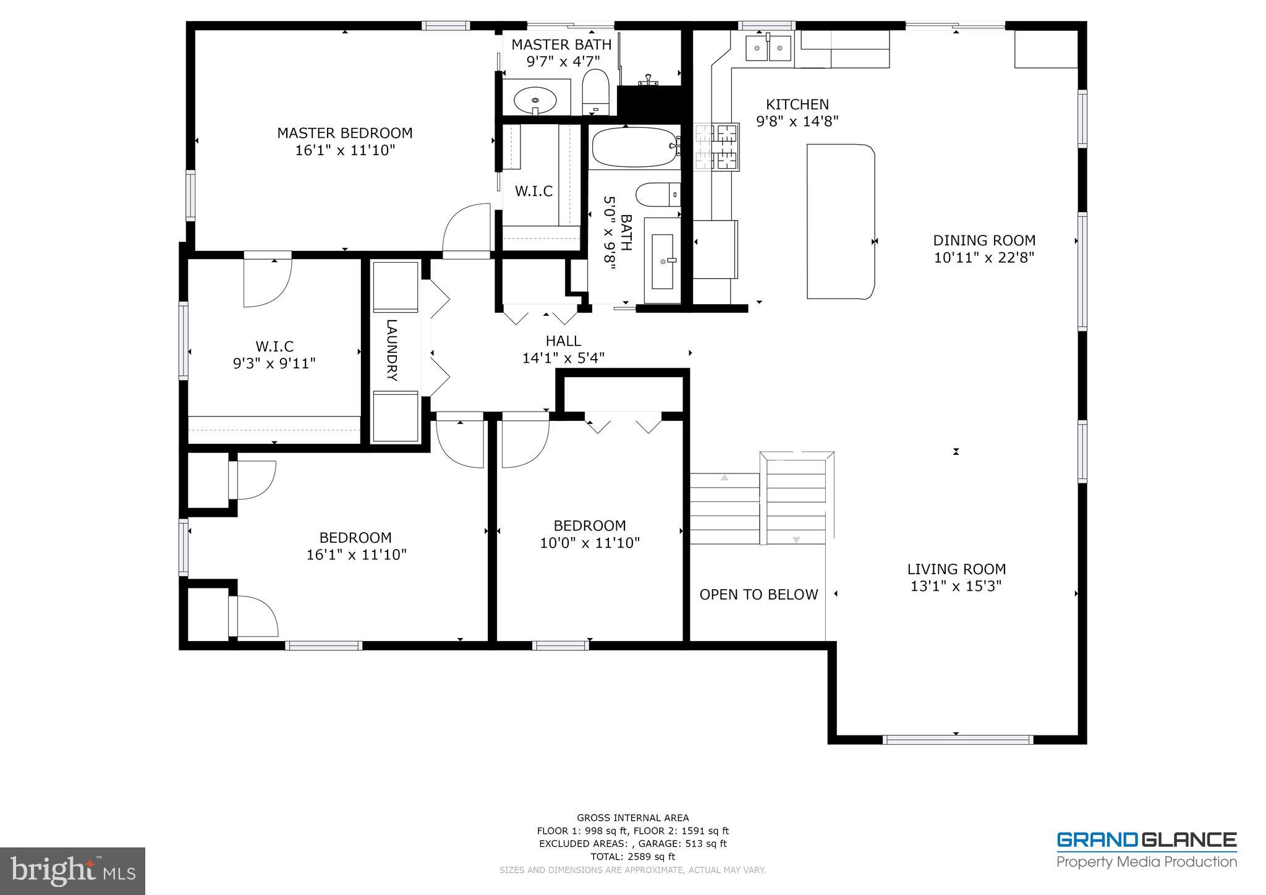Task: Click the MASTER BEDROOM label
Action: pyautogui.click(x=344, y=133)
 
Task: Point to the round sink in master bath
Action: pyautogui.click(x=535, y=99)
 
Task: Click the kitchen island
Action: pyautogui.click(x=841, y=221)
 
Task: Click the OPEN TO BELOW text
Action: pyautogui.click(x=758, y=595)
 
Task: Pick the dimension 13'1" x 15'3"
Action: pyautogui.click(x=956, y=586)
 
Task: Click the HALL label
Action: pyautogui.click(x=563, y=341)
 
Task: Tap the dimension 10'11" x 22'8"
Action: pyautogui.click(x=984, y=258)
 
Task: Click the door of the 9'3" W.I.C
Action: pyautogui.click(x=267, y=281)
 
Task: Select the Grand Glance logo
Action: pyautogui.click(x=1146, y=849)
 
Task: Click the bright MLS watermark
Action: pyautogui.click(x=72, y=870)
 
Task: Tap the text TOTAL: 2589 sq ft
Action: pyautogui.click(x=632, y=857)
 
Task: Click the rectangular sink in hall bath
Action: pyautogui.click(x=663, y=260)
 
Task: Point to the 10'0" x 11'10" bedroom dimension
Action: pyautogui.click(x=589, y=543)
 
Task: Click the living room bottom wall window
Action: pyautogui.click(x=957, y=739)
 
